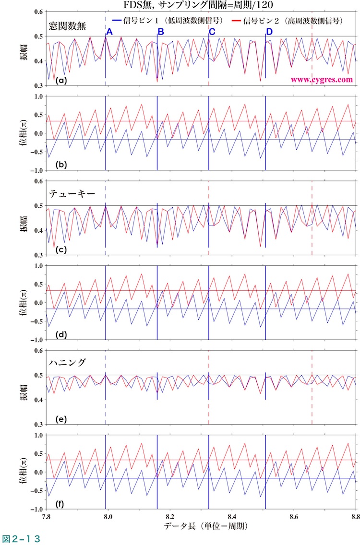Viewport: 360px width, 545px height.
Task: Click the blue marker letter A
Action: pos(109,32)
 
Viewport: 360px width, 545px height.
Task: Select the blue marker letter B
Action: pos(161,32)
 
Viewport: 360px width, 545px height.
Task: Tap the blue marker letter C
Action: pos(212,32)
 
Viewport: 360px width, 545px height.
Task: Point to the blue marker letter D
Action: pos(269,32)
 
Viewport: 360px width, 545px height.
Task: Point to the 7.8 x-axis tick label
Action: pos(46,517)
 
